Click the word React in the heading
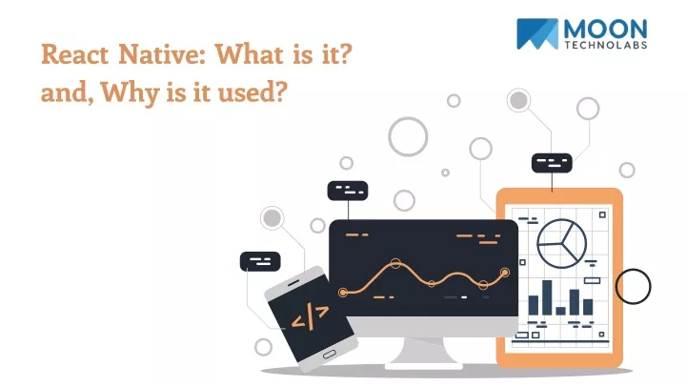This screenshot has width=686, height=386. pyautogui.click(x=75, y=54)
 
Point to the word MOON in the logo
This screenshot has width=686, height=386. pyautogui.click(x=605, y=30)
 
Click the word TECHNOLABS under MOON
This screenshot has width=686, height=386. pyautogui.click(x=606, y=45)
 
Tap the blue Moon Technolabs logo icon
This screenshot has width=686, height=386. pyautogui.click(x=536, y=33)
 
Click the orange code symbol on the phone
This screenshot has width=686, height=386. pyautogui.click(x=310, y=316)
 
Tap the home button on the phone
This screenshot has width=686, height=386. pyautogui.click(x=330, y=354)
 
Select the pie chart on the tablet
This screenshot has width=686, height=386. pyautogui.click(x=562, y=243)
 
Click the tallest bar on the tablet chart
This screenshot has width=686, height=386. pyautogui.click(x=547, y=297)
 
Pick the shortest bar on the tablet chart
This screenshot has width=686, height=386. pyautogui.click(x=561, y=311)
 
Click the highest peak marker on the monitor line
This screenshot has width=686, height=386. pyautogui.click(x=395, y=263)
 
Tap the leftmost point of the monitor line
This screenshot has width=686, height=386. pyautogui.click(x=343, y=292)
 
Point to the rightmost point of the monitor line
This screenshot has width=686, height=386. pyautogui.click(x=505, y=273)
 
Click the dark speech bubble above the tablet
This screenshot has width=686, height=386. pyautogui.click(x=552, y=163)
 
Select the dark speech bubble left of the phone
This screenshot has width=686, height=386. pyautogui.click(x=260, y=261)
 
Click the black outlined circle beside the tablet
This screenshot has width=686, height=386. pyautogui.click(x=633, y=287)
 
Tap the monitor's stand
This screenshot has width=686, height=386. pyautogui.click(x=423, y=354)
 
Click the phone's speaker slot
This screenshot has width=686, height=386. pyautogui.click(x=293, y=284)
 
